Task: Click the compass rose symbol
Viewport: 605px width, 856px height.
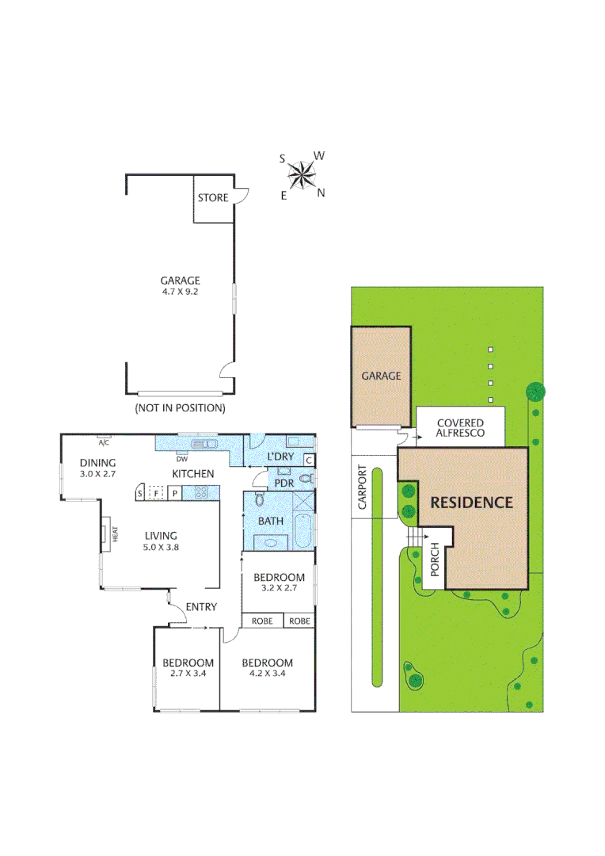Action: pos(301,175)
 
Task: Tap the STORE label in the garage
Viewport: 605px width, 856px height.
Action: pos(212,197)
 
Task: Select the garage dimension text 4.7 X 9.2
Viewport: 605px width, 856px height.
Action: pos(180,292)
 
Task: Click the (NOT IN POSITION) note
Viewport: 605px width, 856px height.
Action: pos(180,408)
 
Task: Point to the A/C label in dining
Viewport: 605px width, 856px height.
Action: pos(103,437)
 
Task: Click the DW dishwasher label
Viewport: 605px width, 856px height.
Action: pos(181,458)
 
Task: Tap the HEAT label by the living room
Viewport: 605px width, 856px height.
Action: pos(115,535)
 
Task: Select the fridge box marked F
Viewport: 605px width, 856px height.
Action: pos(157,493)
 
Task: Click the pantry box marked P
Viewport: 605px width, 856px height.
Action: pos(175,493)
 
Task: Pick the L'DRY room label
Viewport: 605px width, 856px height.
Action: pos(280,457)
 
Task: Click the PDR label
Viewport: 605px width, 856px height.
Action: pos(283,483)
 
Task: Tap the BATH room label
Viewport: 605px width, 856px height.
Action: pos(271,521)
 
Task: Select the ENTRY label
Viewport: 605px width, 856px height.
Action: pos(200,607)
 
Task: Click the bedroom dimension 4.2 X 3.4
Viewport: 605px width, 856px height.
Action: pos(267,674)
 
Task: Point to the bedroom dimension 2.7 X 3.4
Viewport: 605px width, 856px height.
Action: pos(188,674)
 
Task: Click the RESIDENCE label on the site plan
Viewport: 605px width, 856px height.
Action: pos(471,503)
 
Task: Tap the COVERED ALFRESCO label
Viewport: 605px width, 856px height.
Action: pos(460,429)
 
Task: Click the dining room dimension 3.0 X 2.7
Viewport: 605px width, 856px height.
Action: pos(98,474)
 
